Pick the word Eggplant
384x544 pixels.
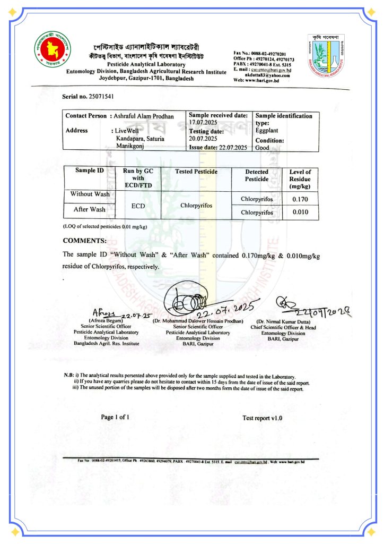click(x=267, y=130)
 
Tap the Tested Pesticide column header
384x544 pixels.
click(x=196, y=172)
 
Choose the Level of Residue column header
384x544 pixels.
click(x=300, y=179)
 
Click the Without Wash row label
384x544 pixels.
click(x=90, y=194)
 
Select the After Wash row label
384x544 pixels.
click(x=90, y=209)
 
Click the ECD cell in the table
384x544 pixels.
click(x=138, y=203)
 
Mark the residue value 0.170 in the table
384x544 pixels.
click(x=300, y=200)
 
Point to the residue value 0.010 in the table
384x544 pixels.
click(x=300, y=212)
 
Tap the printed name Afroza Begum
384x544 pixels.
click(x=106, y=321)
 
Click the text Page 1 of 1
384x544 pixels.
click(x=115, y=417)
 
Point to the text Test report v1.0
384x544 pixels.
click(x=263, y=418)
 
